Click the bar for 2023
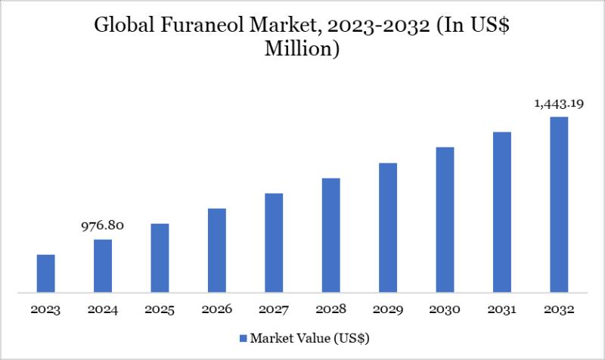click(x=46, y=273)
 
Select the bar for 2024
click(x=103, y=265)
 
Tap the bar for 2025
click(x=160, y=258)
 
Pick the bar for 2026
click(x=217, y=250)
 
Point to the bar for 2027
click(x=274, y=243)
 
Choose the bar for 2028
click(x=331, y=235)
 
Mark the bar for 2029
click(x=388, y=228)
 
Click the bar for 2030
click(x=445, y=219)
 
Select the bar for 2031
click(x=502, y=212)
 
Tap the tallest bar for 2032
click(x=559, y=204)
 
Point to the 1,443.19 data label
click(x=559, y=103)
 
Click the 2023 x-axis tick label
click(x=46, y=309)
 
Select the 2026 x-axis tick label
click(x=217, y=309)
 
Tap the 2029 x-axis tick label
click(x=388, y=309)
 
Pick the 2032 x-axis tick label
click(x=559, y=309)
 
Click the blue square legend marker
click(x=243, y=337)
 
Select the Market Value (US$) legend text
click(x=309, y=337)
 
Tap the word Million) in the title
click(x=302, y=50)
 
